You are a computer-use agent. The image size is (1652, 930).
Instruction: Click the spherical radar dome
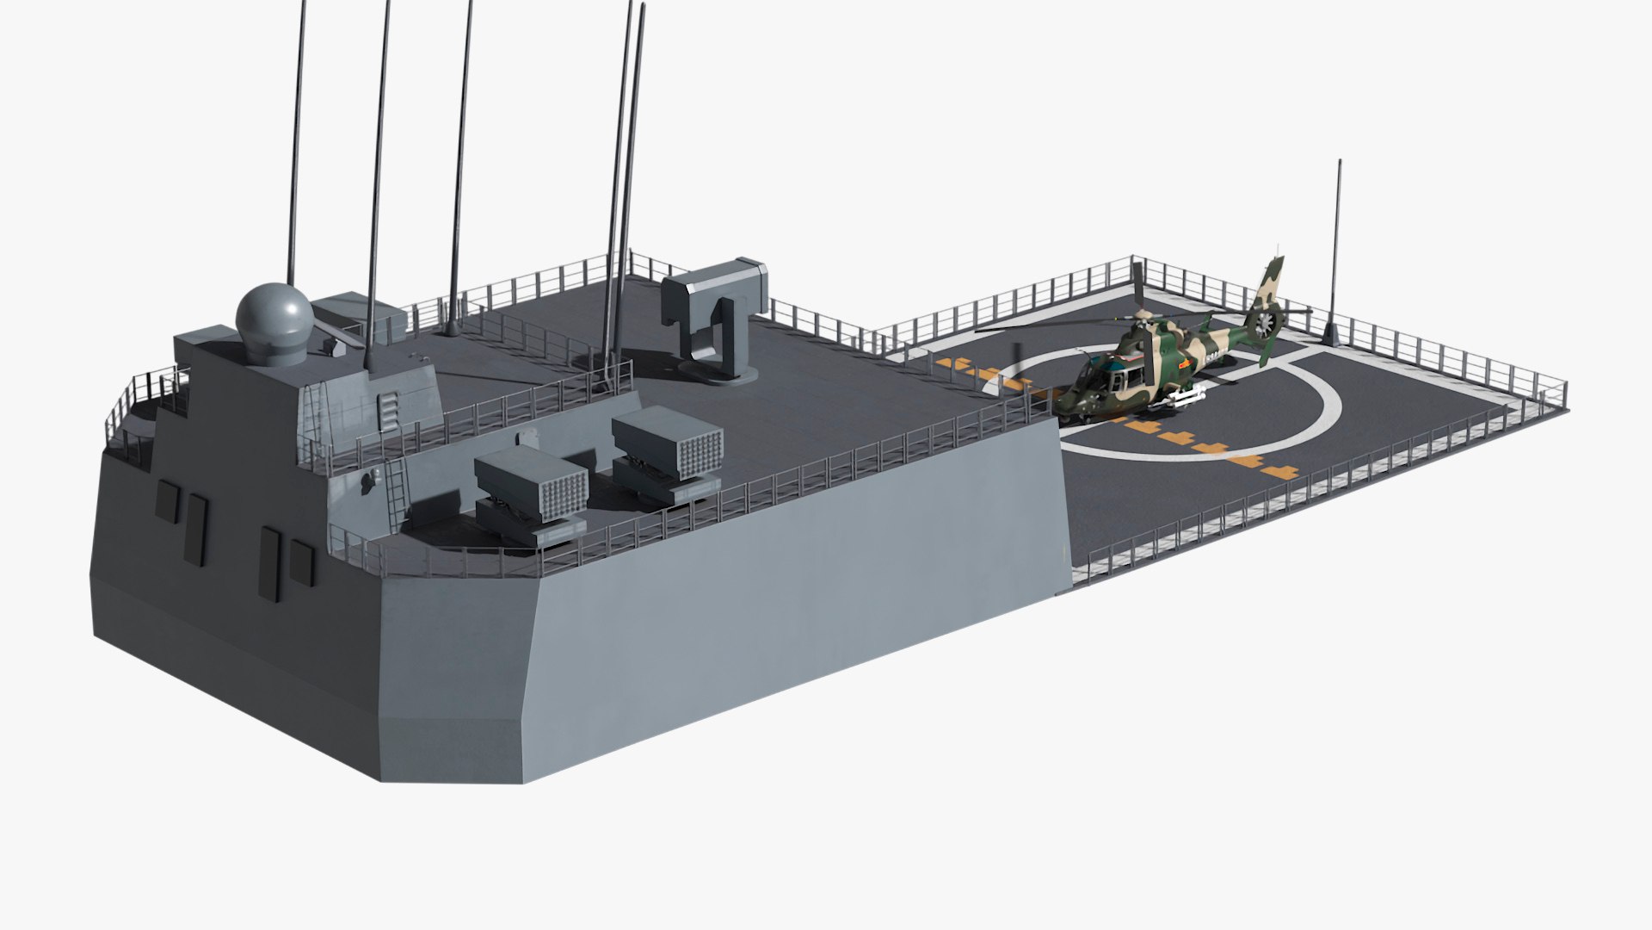coord(273,315)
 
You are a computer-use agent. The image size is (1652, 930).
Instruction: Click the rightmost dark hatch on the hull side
coord(300,563)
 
